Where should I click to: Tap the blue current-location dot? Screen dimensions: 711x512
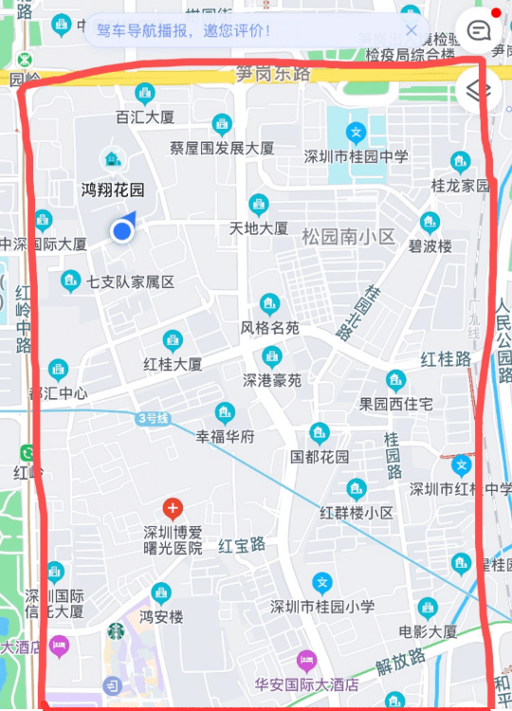pyautogui.click(x=121, y=230)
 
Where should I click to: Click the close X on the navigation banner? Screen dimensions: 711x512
pyautogui.click(x=411, y=30)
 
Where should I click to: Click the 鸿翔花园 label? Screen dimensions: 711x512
pyautogui.click(x=113, y=189)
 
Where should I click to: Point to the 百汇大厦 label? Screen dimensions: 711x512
pyautogui.click(x=145, y=118)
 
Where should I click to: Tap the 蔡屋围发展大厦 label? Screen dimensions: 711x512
pyautogui.click(x=222, y=148)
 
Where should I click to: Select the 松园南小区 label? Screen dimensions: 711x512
pyautogui.click(x=348, y=236)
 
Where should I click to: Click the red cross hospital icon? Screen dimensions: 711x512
pyautogui.click(x=172, y=508)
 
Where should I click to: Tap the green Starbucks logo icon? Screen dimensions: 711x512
pyautogui.click(x=116, y=630)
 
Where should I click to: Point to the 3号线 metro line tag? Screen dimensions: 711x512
pyautogui.click(x=152, y=417)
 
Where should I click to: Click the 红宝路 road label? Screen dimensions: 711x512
pyautogui.click(x=242, y=545)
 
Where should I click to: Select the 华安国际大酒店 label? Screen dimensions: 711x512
pyautogui.click(x=306, y=683)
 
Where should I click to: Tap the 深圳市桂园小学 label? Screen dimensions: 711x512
pyautogui.click(x=322, y=607)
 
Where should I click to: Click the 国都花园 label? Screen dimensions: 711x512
pyautogui.click(x=320, y=456)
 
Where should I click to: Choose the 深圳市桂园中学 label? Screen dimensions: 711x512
pyautogui.click(x=356, y=156)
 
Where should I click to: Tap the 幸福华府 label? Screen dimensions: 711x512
pyautogui.click(x=225, y=436)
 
